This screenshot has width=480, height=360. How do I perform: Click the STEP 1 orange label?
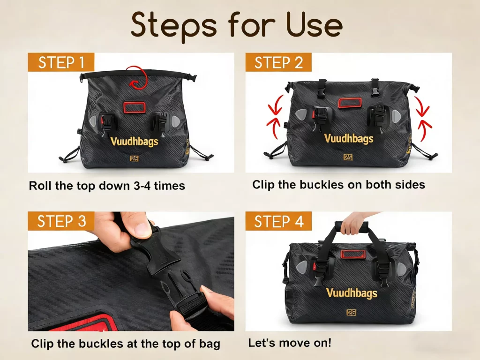(61, 62)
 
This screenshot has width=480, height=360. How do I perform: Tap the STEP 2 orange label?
(278, 62)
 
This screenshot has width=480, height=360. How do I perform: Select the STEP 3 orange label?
(61, 221)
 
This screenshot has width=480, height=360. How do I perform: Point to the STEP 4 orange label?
(278, 221)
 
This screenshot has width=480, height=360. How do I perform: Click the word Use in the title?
(314, 25)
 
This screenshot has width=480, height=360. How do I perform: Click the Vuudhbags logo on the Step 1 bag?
(134, 142)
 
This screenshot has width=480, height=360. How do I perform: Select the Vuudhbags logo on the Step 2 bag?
(349, 138)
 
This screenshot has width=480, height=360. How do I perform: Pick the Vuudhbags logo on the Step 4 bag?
(352, 293)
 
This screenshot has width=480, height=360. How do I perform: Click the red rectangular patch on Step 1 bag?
(135, 107)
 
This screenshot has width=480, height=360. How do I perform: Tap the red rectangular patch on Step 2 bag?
(350, 103)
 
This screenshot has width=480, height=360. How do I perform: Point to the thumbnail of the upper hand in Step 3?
(142, 229)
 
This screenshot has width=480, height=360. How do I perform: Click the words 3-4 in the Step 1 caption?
(142, 186)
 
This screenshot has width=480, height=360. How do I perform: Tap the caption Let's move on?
(290, 343)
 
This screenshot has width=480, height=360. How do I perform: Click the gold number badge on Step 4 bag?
(352, 313)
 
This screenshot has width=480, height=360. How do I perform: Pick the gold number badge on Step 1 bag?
(134, 158)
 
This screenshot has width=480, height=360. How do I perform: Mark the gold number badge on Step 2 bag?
(348, 157)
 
